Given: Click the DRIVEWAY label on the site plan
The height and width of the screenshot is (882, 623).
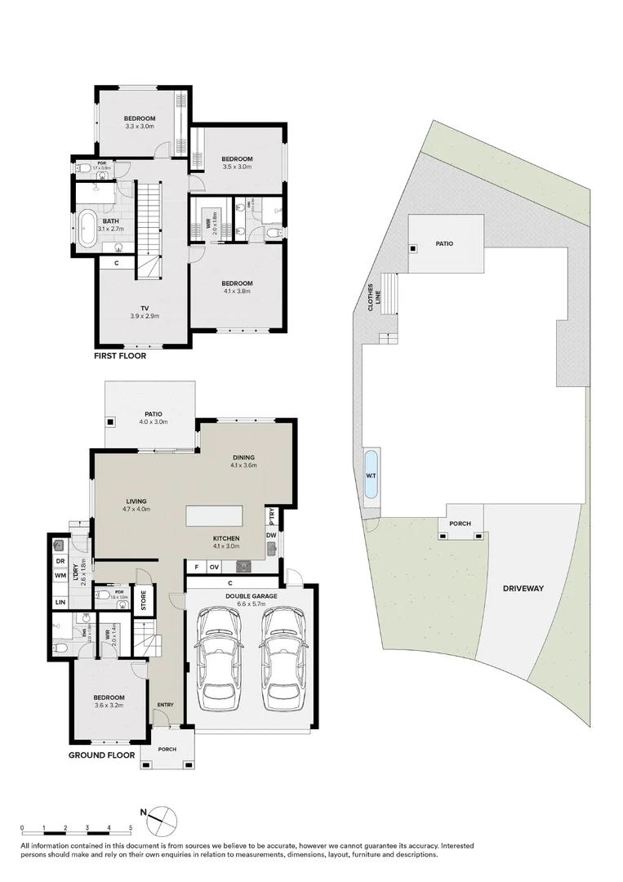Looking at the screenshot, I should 523,588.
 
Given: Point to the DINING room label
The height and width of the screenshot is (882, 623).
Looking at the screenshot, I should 243,457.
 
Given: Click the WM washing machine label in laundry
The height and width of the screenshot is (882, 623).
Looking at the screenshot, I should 60,576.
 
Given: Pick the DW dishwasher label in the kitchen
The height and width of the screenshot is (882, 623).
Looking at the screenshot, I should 270,536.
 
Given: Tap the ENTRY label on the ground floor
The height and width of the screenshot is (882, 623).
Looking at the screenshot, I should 166,705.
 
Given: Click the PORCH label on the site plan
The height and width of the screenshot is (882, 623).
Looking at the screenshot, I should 461,523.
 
